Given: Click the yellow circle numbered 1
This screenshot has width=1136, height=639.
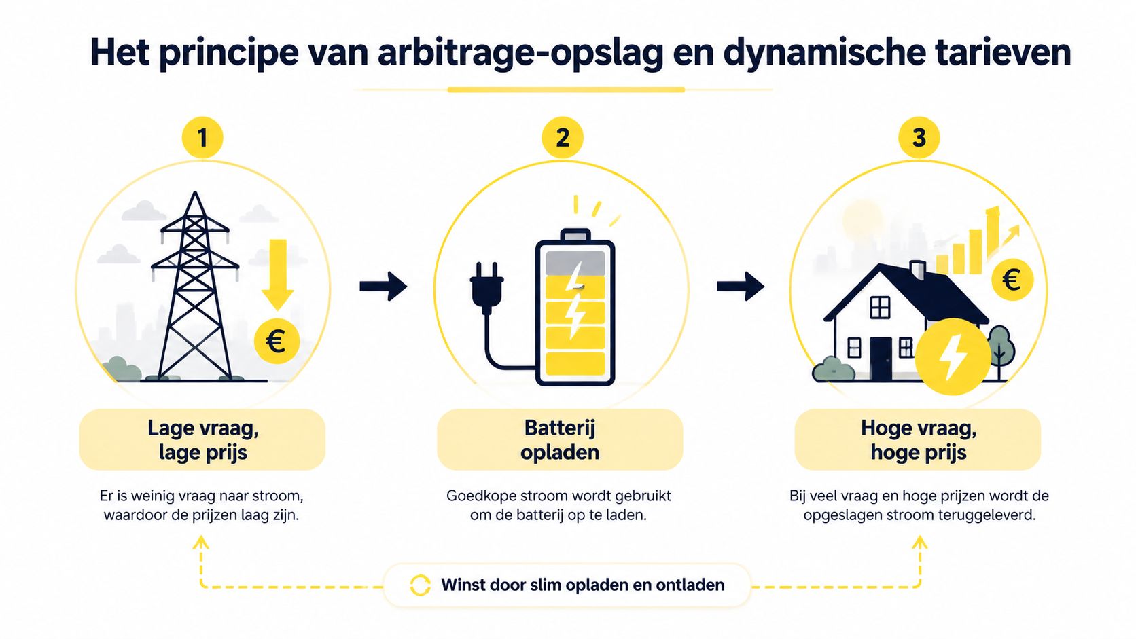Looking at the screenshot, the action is click(x=202, y=138).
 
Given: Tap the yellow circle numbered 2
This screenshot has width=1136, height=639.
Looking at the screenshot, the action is click(x=563, y=138).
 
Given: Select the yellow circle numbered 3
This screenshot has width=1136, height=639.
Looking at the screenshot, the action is click(x=919, y=138).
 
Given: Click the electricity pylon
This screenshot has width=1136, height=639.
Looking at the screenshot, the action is click(x=195, y=286).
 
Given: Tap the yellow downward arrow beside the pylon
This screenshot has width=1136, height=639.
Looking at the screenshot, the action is click(x=277, y=274).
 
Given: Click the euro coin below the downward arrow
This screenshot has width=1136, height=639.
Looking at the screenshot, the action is click(x=277, y=341).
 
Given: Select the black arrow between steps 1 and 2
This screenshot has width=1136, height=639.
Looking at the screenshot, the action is click(x=383, y=287).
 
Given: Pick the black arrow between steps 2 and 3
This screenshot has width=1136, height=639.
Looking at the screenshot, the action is click(x=741, y=287).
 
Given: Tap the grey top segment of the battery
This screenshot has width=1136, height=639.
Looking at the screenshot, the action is click(x=575, y=262).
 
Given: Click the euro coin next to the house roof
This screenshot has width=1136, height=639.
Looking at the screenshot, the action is click(x=1012, y=280).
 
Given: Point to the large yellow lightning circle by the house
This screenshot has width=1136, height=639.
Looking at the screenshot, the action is click(x=953, y=357).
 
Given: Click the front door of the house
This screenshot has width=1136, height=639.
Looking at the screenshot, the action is click(x=881, y=359).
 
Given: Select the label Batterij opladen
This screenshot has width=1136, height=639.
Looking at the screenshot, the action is click(x=560, y=440).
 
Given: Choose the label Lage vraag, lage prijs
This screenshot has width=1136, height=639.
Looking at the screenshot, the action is click(x=202, y=440).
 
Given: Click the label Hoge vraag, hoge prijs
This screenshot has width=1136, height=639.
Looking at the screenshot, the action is click(x=918, y=440).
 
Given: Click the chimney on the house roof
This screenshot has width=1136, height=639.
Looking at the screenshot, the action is click(x=917, y=270).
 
